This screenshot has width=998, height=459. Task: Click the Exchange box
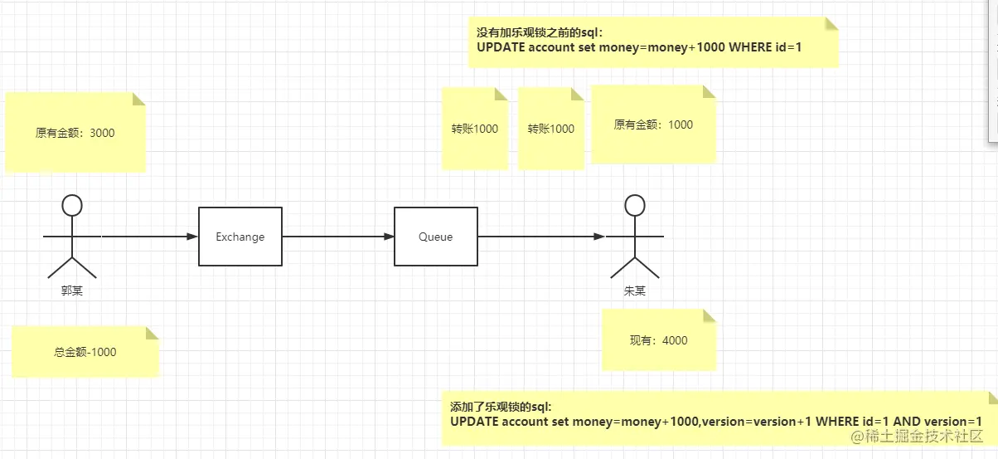(x=240, y=237)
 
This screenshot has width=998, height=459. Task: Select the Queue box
(x=435, y=237)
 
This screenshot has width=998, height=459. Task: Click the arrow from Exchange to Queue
(x=337, y=237)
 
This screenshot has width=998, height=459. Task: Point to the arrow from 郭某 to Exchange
(x=149, y=237)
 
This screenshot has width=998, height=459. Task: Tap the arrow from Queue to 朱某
(x=540, y=237)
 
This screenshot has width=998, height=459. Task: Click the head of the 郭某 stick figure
(x=73, y=204)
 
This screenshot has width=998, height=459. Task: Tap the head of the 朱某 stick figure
(x=634, y=204)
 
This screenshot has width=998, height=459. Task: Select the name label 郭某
(x=72, y=291)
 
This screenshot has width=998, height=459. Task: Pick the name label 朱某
(x=635, y=291)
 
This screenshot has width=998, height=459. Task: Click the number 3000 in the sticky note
(x=101, y=133)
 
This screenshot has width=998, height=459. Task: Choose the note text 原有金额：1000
(x=653, y=125)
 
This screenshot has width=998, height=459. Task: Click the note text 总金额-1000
(x=85, y=352)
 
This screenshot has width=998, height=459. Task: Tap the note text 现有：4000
(x=658, y=340)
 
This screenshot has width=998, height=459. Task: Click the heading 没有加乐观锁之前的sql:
(x=540, y=32)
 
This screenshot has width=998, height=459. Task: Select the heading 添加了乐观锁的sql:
(x=500, y=407)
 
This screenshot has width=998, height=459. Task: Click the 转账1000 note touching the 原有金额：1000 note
(x=551, y=129)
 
